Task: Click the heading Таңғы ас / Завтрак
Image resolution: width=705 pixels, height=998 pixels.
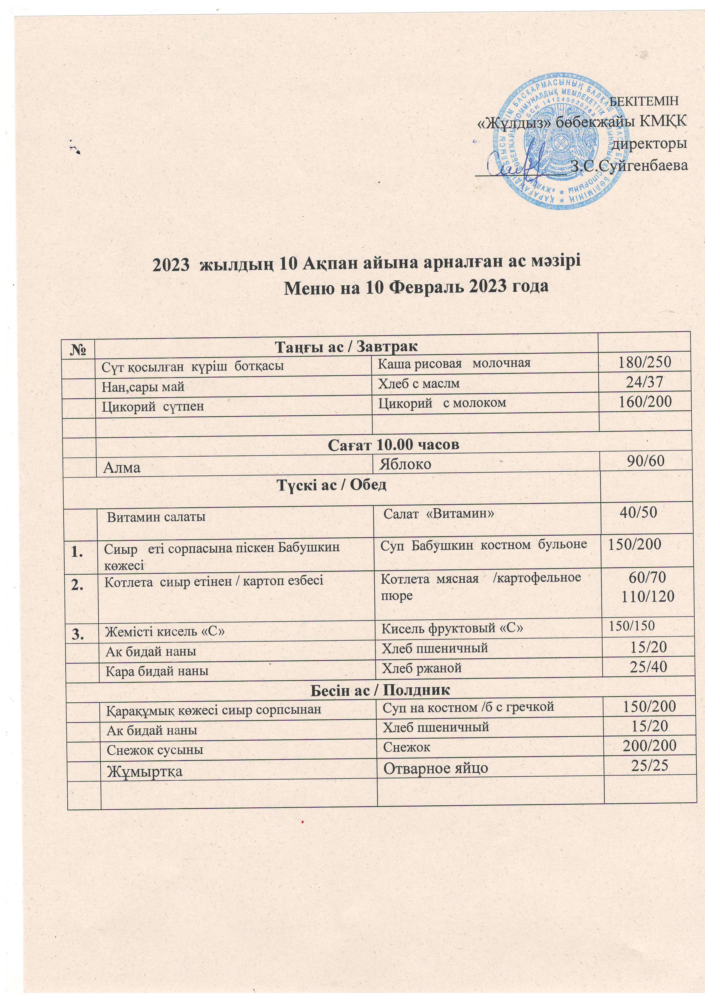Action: [x=346, y=347]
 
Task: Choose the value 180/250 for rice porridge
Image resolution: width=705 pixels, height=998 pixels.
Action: [x=645, y=361]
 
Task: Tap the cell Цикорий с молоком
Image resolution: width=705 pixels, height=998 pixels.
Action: [x=442, y=403]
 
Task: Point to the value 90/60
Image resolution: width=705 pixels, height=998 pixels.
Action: [x=645, y=461]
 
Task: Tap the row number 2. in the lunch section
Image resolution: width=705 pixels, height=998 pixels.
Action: [x=79, y=585]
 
